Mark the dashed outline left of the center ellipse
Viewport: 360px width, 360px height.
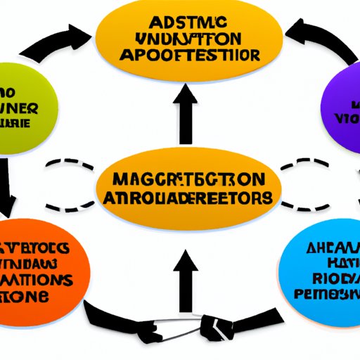[70, 184]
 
